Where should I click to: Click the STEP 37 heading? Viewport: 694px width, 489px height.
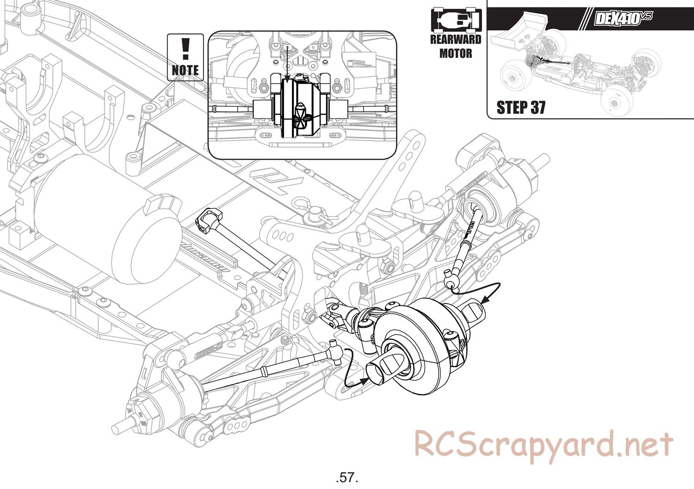[521, 107]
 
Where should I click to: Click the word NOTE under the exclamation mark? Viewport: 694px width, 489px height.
[185, 70]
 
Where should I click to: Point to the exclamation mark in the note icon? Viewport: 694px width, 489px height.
[186, 49]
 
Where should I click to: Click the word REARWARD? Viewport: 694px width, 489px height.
[456, 39]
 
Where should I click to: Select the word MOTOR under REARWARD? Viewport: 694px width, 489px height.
[456, 53]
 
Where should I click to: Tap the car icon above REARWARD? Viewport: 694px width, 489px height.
[456, 20]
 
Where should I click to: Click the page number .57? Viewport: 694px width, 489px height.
[347, 477]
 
